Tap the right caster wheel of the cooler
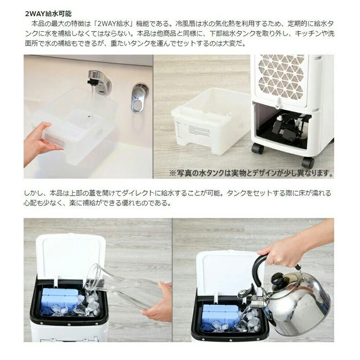click(x=308, y=162)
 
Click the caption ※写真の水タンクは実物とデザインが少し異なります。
click(x=251, y=173)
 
